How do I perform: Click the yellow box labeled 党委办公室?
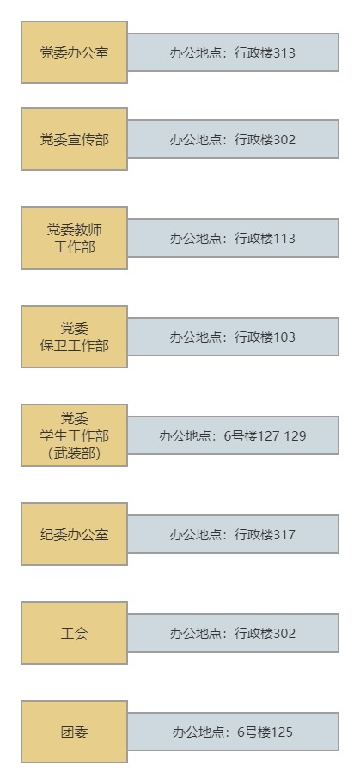coord(74,52)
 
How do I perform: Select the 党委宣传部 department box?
coord(74,139)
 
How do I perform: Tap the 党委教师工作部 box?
coord(74,238)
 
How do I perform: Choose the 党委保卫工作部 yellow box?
coord(74,337)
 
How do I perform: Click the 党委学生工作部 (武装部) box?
coord(74,435)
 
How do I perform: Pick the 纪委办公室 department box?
coord(74,534)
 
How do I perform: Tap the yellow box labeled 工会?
coord(74,633)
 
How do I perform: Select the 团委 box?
coord(74,732)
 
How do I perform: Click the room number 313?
coord(284,53)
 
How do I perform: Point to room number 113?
coord(284,238)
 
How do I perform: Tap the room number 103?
coord(284,337)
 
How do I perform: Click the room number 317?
coord(284,534)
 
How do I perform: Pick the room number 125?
coord(282,732)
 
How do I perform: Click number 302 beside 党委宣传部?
coord(284,139)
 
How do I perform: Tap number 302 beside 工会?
coord(284,633)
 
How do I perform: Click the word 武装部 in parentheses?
coord(75,453)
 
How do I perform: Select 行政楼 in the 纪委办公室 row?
coord(254,534)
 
